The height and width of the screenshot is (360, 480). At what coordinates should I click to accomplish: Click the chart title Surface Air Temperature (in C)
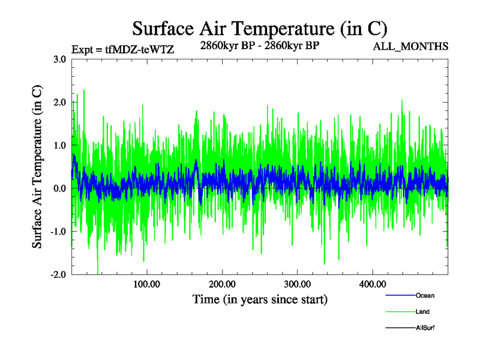coord(259,28)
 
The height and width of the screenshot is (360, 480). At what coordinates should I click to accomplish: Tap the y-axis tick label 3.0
coord(60,59)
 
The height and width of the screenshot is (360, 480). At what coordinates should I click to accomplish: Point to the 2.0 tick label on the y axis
coord(60,103)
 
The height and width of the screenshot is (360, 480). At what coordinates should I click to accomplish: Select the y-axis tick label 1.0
coord(60,145)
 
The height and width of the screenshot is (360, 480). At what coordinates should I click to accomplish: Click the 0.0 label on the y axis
coord(60,188)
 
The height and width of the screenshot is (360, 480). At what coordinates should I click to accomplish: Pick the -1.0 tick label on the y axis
coord(58,232)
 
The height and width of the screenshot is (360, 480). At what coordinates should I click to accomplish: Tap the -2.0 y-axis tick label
coord(58,274)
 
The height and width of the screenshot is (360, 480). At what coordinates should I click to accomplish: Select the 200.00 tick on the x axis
coord(222,284)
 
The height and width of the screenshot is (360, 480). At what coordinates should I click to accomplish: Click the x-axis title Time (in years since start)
coord(259,299)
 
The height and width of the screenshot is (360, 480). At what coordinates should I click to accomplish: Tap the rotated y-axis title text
coord(37,167)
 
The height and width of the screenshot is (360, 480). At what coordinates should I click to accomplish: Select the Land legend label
coord(422,312)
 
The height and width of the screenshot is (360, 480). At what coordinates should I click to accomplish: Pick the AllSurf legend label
coord(425,328)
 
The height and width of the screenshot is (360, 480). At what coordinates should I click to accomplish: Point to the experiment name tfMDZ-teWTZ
coord(140,50)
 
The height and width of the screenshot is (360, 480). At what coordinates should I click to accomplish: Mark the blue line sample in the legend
coord(400,295)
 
